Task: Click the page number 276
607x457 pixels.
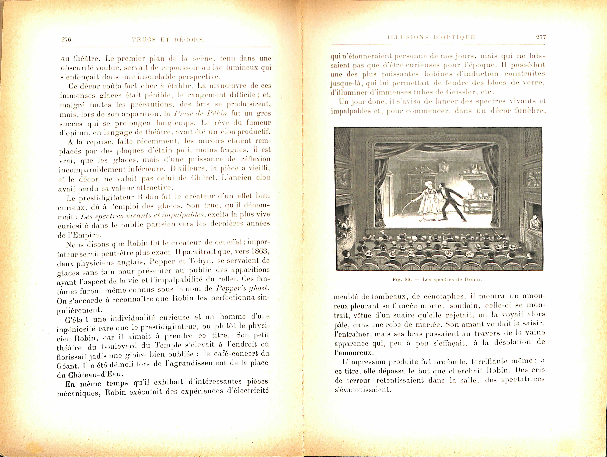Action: click(66, 40)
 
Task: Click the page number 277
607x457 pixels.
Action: click(541, 37)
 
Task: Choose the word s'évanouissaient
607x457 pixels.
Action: click(362, 390)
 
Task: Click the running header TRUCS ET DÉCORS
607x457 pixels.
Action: click(168, 40)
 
